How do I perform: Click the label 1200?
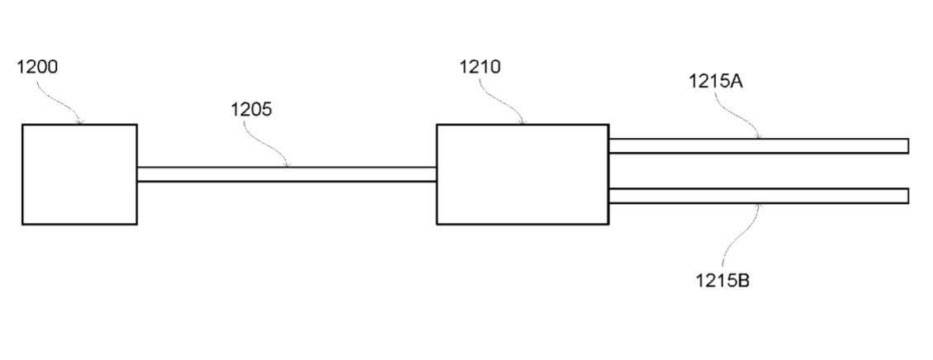37,67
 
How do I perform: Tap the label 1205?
251,110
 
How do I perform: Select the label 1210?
480,67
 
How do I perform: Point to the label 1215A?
715,81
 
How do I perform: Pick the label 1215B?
722,280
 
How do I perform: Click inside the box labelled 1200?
80,174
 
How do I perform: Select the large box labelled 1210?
523,174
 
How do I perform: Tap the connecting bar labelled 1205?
287,174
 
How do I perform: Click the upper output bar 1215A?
759,146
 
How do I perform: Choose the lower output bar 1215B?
759,196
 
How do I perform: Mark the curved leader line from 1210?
501,102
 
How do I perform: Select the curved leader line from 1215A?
736,117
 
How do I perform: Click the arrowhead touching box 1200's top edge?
80,122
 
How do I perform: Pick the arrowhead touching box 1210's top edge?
523,122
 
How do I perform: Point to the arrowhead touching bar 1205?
287,165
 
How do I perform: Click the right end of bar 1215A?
908,146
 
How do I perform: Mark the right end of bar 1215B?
908,196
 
